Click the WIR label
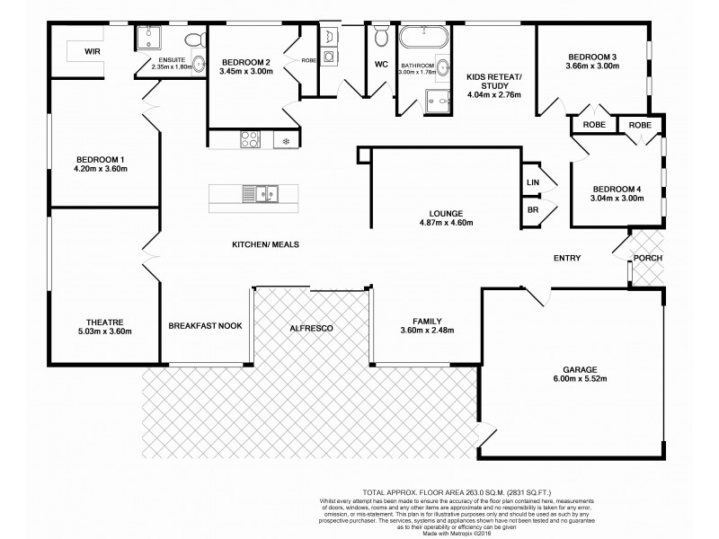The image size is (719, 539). tap(93, 52)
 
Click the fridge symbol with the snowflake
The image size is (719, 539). tap(286, 140)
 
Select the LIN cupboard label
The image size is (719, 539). tap(531, 182)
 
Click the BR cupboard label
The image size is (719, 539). tap(531, 209)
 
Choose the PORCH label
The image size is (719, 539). tap(647, 259)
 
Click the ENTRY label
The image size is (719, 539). tap(566, 259)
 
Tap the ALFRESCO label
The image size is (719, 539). tap(312, 329)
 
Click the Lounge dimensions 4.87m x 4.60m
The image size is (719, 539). tap(446, 223)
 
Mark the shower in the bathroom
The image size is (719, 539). tap(438, 102)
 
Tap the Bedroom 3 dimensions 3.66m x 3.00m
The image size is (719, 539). tap(594, 66)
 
